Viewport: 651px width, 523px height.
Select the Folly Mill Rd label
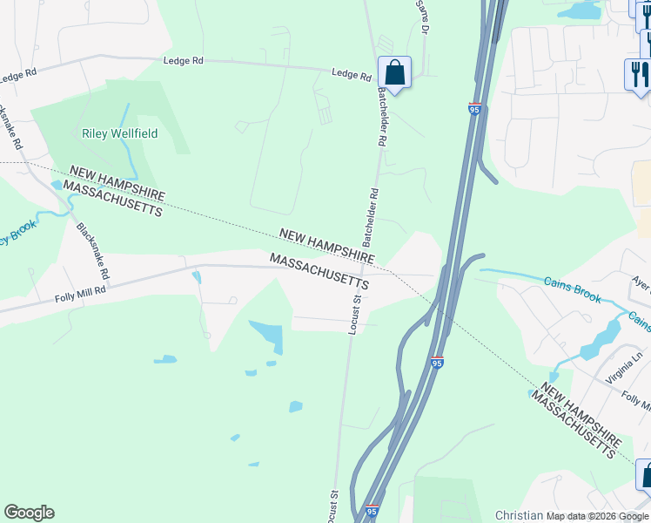(80, 296)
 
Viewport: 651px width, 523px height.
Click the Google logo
(29, 513)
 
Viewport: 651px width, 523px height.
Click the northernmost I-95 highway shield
(473, 109)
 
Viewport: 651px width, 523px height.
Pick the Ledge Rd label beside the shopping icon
(352, 75)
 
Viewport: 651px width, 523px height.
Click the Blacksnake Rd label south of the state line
(92, 251)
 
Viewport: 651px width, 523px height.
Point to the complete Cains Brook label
(573, 291)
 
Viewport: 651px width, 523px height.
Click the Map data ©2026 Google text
(598, 516)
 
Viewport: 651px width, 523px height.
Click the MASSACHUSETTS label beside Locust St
(319, 272)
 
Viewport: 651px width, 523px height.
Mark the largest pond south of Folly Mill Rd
(268, 335)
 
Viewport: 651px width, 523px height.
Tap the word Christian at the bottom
(519, 516)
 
